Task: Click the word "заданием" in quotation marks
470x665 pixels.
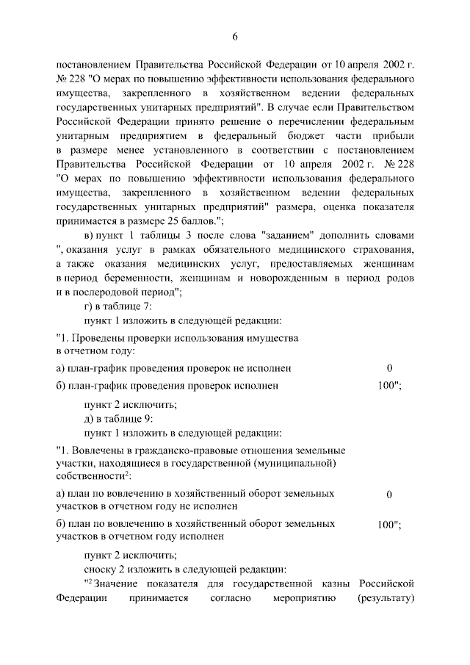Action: click(286, 234)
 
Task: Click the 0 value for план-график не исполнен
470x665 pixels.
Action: click(389, 367)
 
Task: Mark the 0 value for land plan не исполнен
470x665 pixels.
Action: click(389, 495)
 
